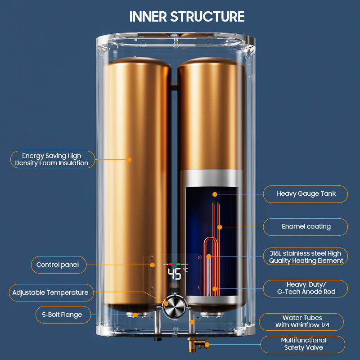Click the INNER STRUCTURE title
point(187,17)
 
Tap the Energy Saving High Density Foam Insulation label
point(52,159)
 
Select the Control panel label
point(58,265)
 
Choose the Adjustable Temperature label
point(50,292)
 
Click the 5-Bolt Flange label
point(59,315)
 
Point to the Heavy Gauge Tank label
point(306,194)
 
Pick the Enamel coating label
point(306,226)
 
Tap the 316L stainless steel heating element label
point(306,256)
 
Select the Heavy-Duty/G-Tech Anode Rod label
point(306,288)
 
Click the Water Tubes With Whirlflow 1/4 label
point(302,321)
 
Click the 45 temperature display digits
point(175,274)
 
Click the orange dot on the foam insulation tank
point(129,159)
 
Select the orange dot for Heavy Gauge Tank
point(215,194)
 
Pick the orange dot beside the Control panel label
point(153,265)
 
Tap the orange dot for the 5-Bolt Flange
point(135,315)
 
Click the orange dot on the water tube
point(192,322)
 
